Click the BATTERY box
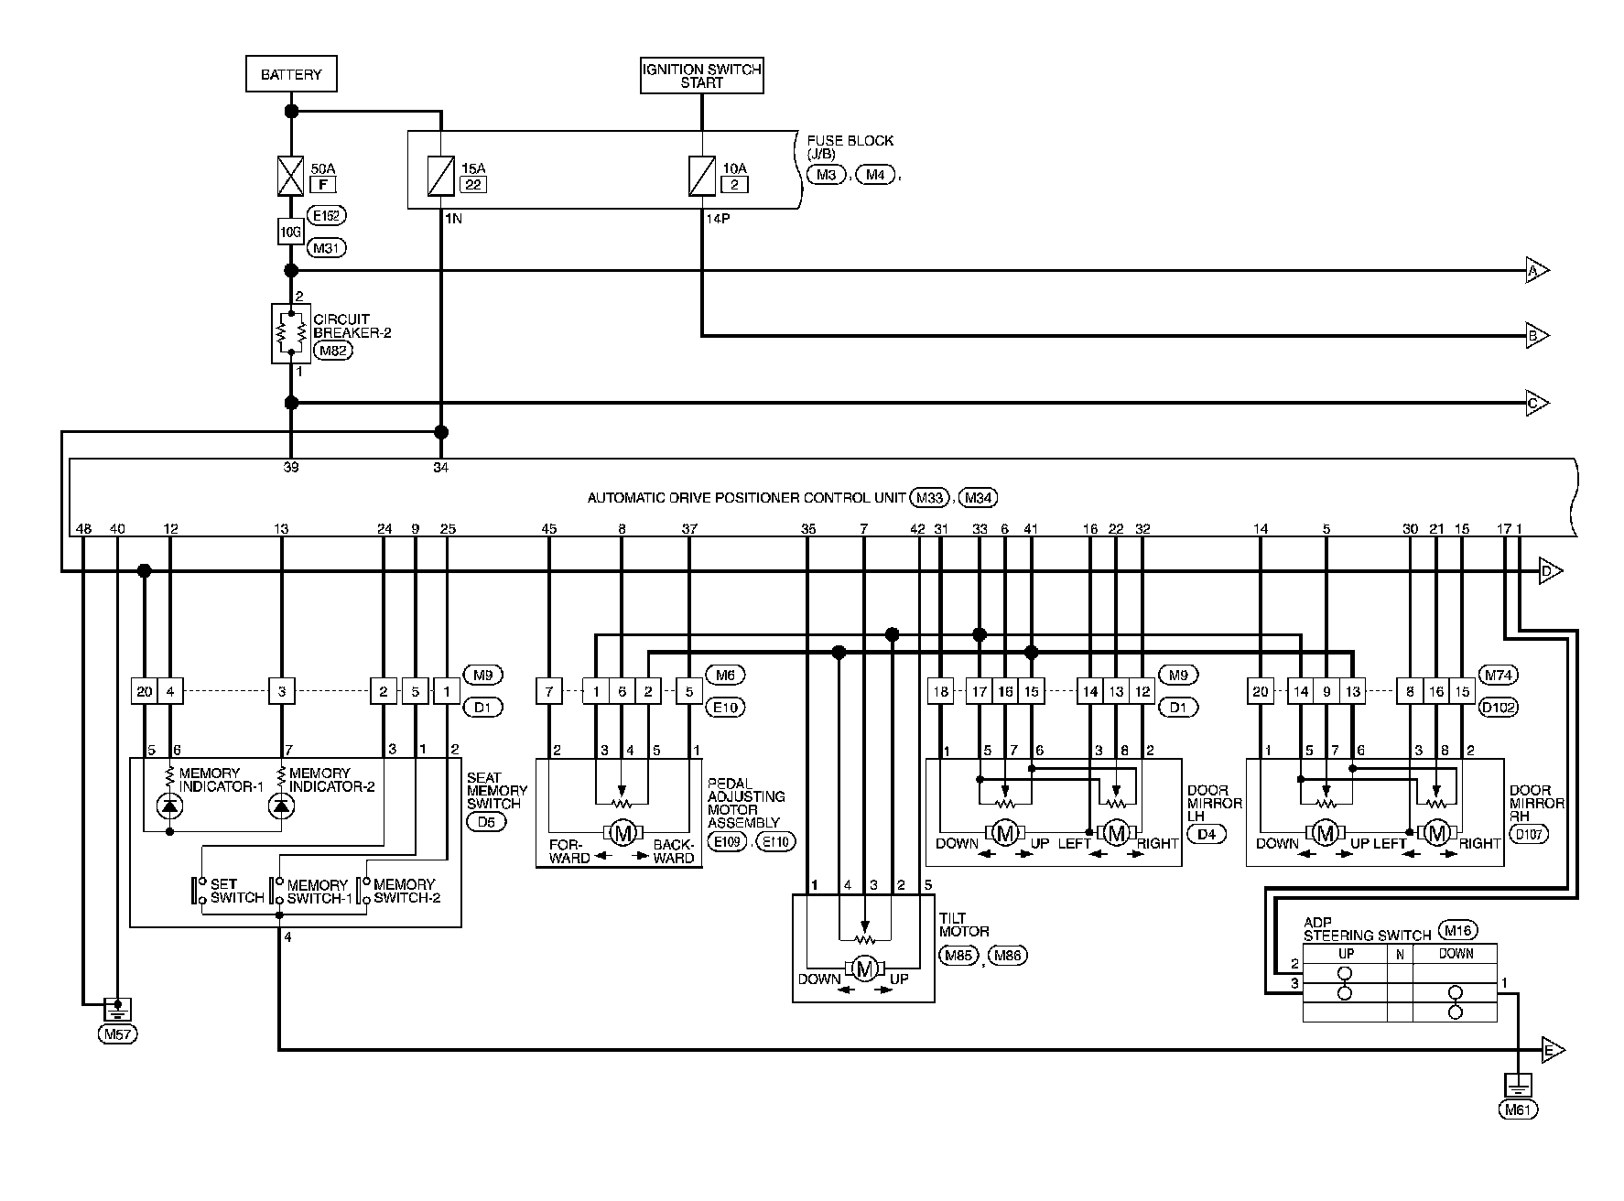point(291,74)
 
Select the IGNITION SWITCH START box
point(701,75)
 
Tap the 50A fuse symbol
point(290,176)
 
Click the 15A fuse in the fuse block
point(441,176)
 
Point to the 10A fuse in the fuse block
point(701,176)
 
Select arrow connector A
point(1536,271)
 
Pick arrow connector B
point(1536,336)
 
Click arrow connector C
point(1536,403)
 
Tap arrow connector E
point(1553,1049)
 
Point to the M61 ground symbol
point(1518,1086)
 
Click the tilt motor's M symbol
point(864,968)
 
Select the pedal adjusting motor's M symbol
point(623,833)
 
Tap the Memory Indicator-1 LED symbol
point(170,806)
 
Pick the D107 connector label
point(1530,834)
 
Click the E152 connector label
point(328,216)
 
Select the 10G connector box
point(290,233)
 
